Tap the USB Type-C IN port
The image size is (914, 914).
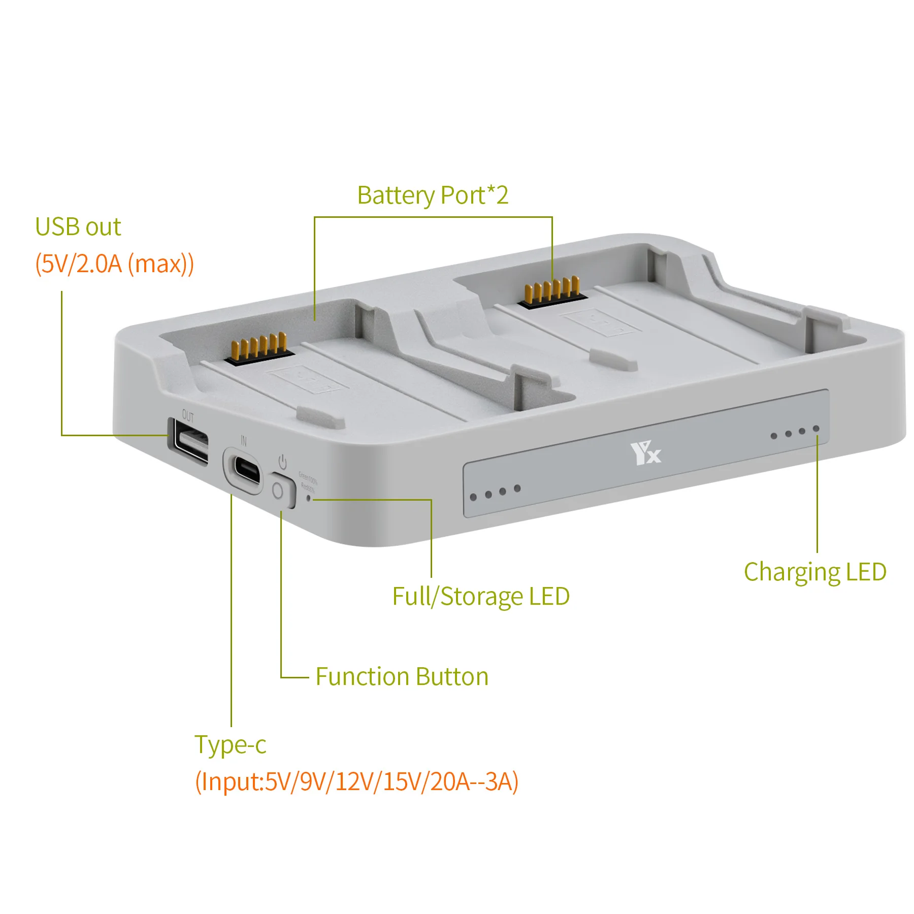click(x=246, y=471)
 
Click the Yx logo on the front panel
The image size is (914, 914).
click(x=645, y=453)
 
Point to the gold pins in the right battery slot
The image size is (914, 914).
click(x=552, y=290)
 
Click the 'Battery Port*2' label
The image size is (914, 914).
click(x=433, y=195)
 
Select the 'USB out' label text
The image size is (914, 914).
click(x=78, y=226)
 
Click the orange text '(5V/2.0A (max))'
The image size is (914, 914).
click(x=114, y=264)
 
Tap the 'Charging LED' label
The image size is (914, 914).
click(x=814, y=572)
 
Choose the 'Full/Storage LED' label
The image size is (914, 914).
click(x=480, y=596)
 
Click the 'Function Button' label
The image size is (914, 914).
click(x=402, y=676)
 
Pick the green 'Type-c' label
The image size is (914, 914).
click(x=230, y=744)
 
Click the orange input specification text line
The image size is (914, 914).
click(x=356, y=781)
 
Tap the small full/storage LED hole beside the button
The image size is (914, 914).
click(x=308, y=499)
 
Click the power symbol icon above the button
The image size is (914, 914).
click(x=282, y=462)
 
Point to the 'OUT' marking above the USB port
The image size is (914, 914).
click(x=188, y=417)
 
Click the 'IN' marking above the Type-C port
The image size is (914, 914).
click(x=244, y=441)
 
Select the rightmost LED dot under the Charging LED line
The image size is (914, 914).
click(x=816, y=429)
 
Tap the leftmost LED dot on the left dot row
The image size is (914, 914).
click(x=473, y=497)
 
